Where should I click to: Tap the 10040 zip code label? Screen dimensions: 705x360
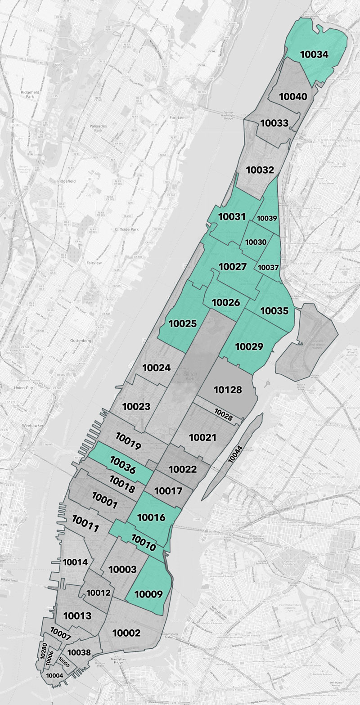[x=293, y=97]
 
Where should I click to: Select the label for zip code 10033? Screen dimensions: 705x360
[x=274, y=122]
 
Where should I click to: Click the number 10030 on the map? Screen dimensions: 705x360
[x=256, y=242]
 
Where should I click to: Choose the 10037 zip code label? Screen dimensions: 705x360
[x=268, y=267]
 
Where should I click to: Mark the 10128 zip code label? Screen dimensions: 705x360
[x=228, y=390]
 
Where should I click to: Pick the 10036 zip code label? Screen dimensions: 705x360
[x=122, y=464]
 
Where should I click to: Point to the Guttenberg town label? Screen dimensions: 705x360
[x=81, y=341]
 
